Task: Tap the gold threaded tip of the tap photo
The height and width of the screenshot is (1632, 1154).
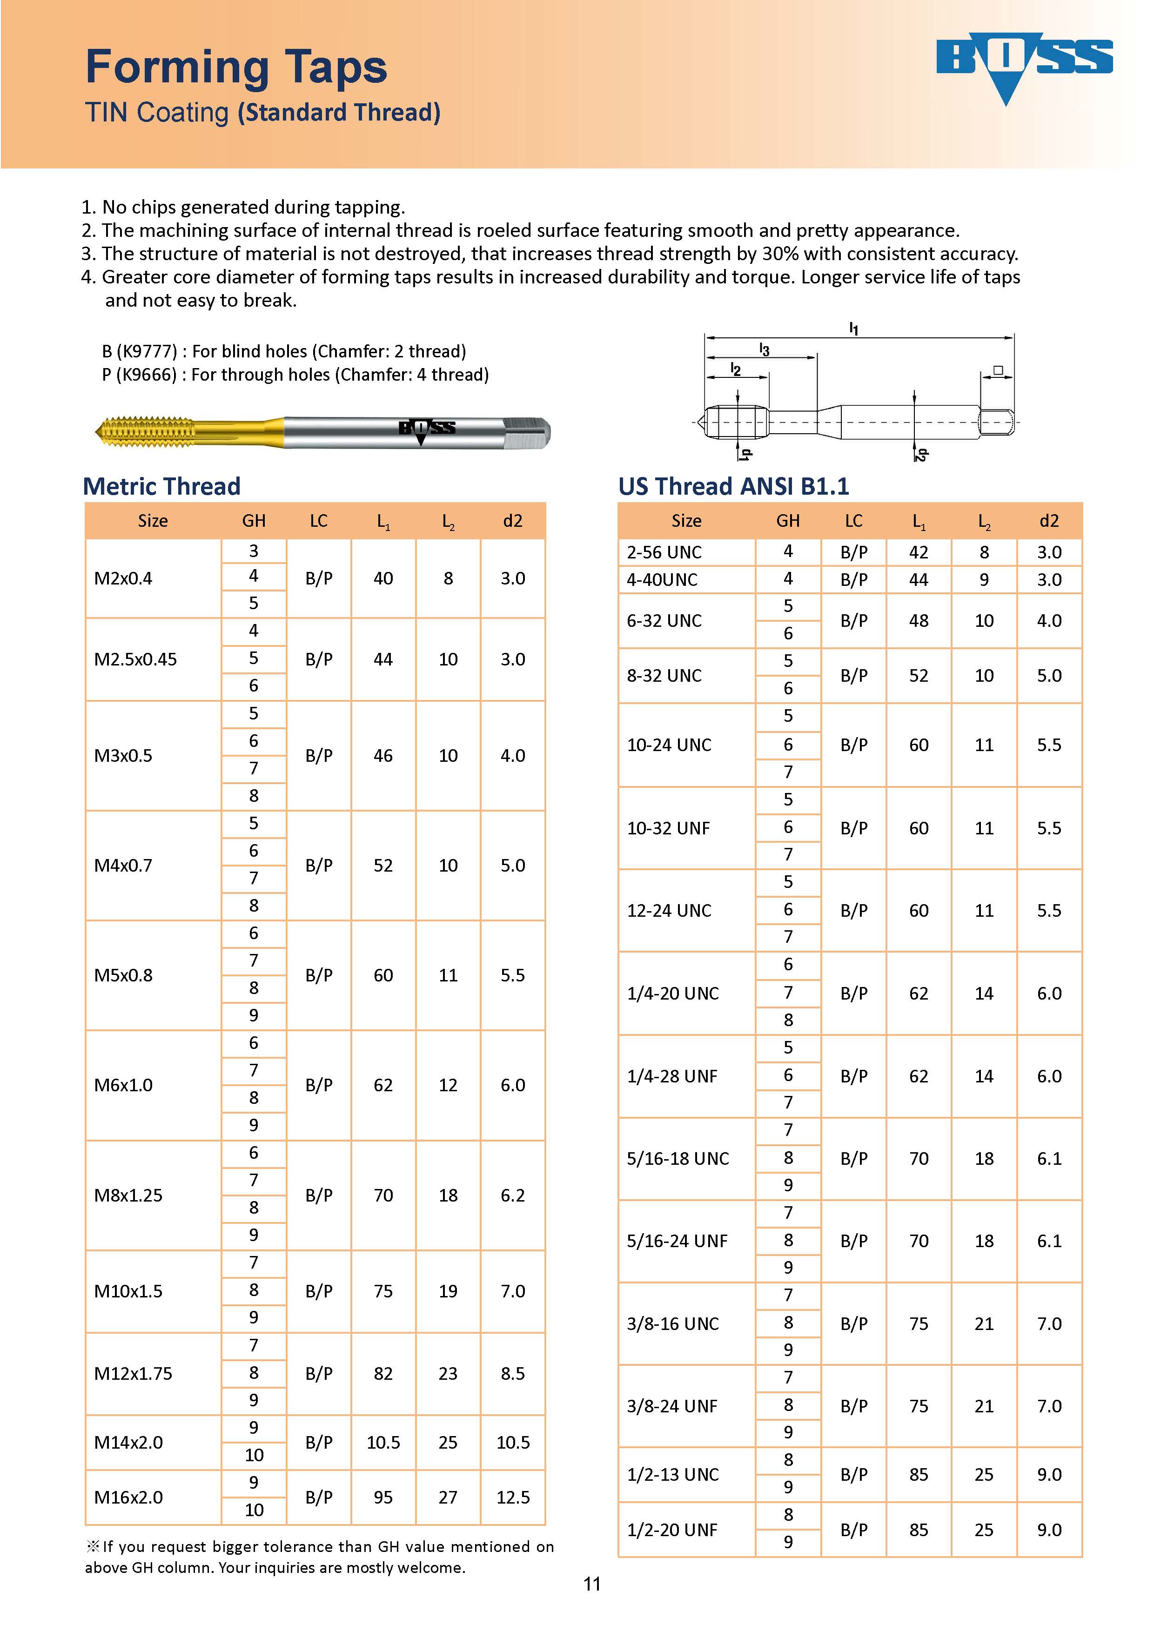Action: click(x=146, y=431)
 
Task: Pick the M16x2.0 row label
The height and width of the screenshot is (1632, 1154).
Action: click(x=128, y=1498)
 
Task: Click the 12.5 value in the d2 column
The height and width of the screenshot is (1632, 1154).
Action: click(x=512, y=1498)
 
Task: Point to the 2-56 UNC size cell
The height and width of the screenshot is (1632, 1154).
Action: click(x=664, y=552)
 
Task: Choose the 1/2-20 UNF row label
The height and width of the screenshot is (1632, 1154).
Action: click(x=671, y=1530)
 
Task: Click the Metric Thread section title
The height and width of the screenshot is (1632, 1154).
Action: click(x=161, y=486)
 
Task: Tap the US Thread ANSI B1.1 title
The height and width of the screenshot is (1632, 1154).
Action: click(x=733, y=486)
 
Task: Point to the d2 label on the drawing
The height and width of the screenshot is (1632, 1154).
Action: click(x=921, y=454)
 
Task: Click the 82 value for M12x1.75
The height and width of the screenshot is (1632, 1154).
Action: click(x=383, y=1373)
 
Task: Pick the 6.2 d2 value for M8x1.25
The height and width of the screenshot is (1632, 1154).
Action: click(x=512, y=1195)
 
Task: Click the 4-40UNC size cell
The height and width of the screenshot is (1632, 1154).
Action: click(x=662, y=580)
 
